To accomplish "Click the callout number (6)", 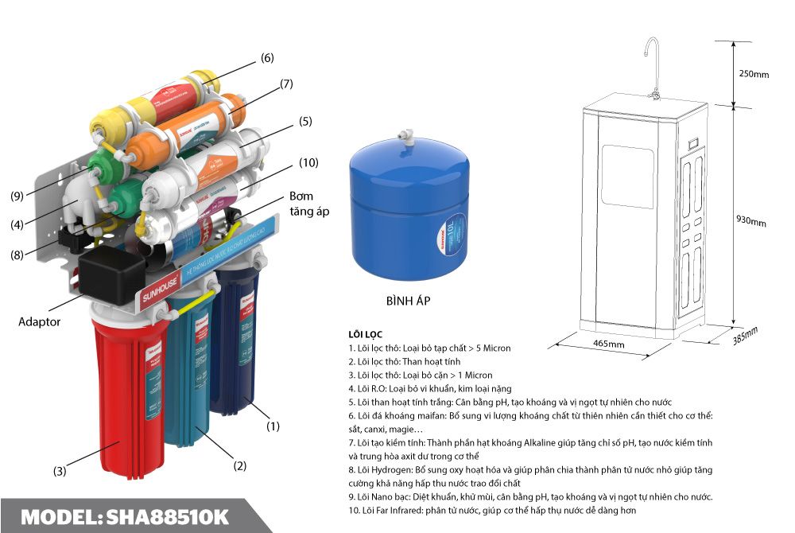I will (267, 58).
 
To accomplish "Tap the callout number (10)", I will (308, 162).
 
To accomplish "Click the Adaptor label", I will (40, 322).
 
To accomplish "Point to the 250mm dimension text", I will (754, 74).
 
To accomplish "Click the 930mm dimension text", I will (751, 220).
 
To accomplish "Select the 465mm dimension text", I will (608, 344).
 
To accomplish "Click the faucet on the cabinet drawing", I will (652, 64).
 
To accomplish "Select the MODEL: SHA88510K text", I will (124, 516).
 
